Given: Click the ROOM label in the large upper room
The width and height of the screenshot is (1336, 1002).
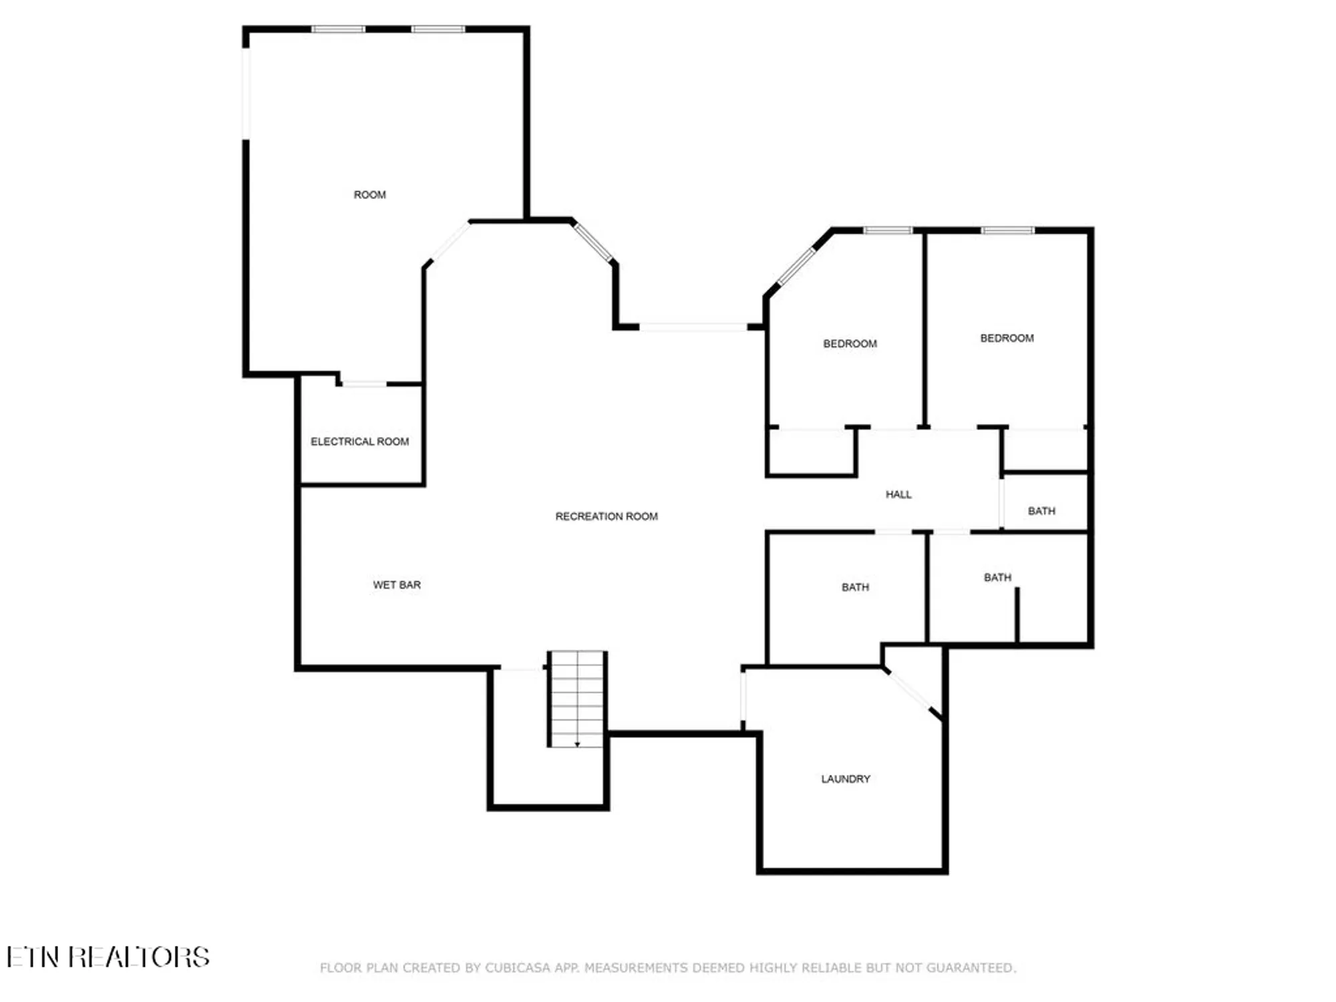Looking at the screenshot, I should tap(369, 194).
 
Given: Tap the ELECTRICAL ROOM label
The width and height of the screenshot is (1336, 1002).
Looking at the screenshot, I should tap(359, 442).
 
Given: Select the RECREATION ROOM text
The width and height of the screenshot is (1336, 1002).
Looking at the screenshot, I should tap(606, 516).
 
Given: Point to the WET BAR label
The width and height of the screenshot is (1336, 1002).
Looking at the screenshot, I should tap(397, 584).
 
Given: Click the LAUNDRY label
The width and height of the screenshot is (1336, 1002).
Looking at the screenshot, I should tap(845, 779).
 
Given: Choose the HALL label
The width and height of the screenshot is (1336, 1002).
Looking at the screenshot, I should tap(898, 494).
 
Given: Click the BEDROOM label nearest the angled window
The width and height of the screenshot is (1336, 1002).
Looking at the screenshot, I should tap(850, 343).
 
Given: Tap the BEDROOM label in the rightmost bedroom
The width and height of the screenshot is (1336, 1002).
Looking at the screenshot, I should tap(1007, 338).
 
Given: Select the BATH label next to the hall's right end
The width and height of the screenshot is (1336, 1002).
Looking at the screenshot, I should tap(1041, 511).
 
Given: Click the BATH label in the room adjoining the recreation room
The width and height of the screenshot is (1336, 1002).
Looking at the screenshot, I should tap(855, 587).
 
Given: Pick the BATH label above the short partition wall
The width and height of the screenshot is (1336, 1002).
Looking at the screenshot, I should tap(997, 577).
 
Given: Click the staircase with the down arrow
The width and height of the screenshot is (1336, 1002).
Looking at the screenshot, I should tap(576, 698).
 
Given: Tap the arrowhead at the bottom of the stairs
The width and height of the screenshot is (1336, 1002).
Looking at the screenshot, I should tap(577, 744).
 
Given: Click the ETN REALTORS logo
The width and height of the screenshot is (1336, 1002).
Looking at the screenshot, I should tap(108, 957).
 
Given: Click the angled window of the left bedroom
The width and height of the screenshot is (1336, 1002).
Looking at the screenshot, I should tap(797, 265).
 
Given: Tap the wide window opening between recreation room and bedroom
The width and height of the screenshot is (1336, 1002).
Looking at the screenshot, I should tap(693, 327).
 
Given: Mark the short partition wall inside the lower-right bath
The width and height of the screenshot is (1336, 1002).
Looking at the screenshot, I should tap(1017, 615).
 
